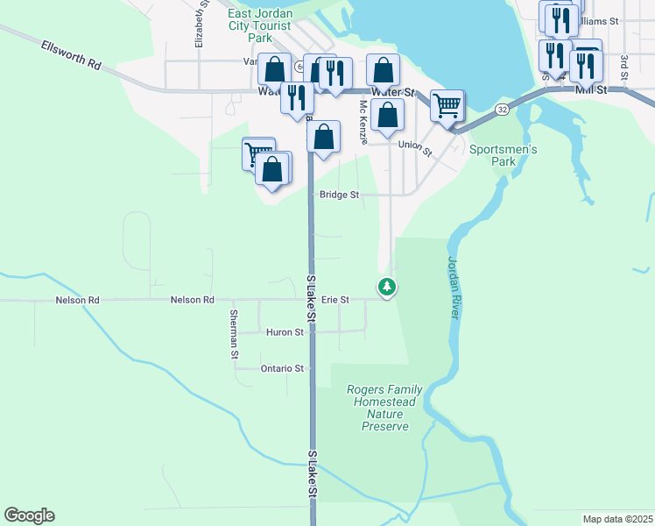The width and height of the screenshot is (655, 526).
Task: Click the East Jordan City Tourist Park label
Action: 261,25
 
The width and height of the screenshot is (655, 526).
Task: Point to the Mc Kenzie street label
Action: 363,122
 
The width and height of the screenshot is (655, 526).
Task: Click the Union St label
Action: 415,146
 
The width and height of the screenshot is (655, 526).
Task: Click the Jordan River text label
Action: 454,287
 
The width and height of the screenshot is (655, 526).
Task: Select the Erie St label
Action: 335,300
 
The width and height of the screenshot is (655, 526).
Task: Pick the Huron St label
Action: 286,332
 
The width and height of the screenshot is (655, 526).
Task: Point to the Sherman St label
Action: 234,334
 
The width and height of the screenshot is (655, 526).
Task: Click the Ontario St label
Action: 282,369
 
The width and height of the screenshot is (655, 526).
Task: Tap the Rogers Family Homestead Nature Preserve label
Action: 384,408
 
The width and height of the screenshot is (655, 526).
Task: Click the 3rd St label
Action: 624,66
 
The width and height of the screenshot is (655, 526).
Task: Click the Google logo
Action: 29,515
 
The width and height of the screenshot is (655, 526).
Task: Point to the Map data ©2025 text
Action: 617,519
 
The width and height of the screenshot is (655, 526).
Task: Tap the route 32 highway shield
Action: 501,110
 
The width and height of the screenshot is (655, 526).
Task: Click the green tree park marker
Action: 386,287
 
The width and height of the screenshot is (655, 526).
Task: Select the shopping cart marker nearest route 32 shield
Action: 447,106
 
